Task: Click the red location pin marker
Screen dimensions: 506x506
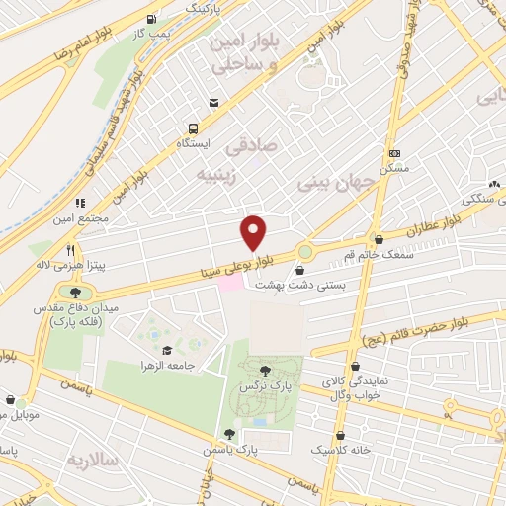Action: (x=254, y=233)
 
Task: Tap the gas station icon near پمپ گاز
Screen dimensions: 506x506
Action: (x=150, y=19)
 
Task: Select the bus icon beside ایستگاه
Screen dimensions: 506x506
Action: (x=193, y=128)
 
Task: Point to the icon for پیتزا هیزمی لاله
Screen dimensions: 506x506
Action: (x=70, y=249)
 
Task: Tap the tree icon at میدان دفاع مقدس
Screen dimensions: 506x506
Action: (x=76, y=291)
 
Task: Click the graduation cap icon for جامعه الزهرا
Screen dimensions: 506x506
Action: (x=166, y=350)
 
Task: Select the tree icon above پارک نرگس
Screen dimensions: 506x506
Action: (x=262, y=370)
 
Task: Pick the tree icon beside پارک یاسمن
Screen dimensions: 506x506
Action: (x=230, y=433)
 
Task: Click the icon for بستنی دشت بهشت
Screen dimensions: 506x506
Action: (x=303, y=269)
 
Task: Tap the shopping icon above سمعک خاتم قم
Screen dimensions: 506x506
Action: (x=379, y=238)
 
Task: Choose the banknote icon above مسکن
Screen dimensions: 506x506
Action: (x=394, y=153)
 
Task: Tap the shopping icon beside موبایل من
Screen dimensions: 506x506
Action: (x=8, y=402)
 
